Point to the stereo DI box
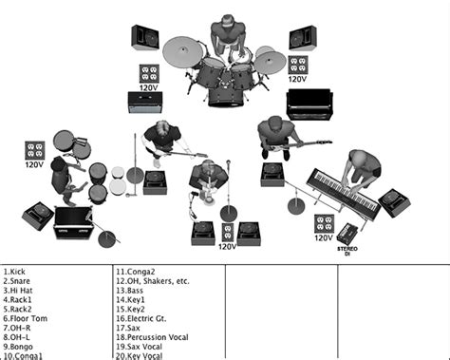(347, 233)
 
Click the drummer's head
(225, 24)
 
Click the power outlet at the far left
(35, 150)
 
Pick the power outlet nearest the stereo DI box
(325, 224)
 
